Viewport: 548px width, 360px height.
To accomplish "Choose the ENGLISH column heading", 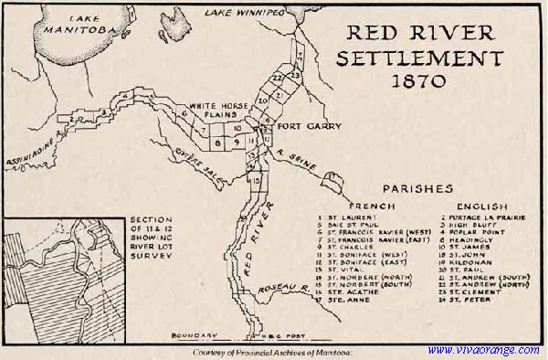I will (x=478, y=206).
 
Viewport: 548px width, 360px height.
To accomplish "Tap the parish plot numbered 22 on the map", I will (x=278, y=79).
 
